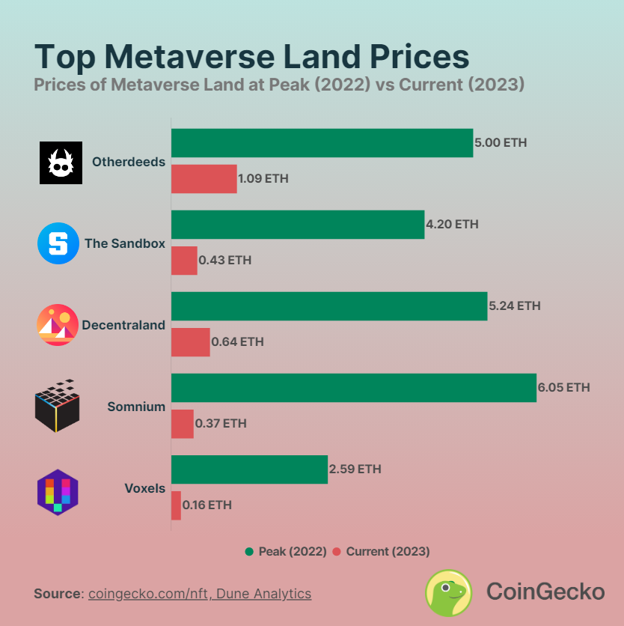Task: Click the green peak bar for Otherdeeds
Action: click(322, 142)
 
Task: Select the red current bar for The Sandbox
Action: click(184, 261)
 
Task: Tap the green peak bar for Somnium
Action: click(353, 387)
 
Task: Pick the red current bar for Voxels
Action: click(176, 505)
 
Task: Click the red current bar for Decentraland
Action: click(190, 342)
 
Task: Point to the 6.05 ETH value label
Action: click(563, 387)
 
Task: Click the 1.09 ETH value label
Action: click(263, 179)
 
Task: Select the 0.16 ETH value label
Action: click(207, 505)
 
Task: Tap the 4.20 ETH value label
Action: click(452, 224)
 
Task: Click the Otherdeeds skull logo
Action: click(61, 162)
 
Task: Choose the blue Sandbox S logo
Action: click(58, 243)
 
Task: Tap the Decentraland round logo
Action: click(58, 325)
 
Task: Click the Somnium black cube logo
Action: click(57, 406)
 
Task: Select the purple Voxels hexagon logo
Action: click(58, 491)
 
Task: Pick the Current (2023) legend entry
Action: click(381, 552)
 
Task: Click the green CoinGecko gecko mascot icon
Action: click(448, 592)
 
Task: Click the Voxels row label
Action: click(144, 488)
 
